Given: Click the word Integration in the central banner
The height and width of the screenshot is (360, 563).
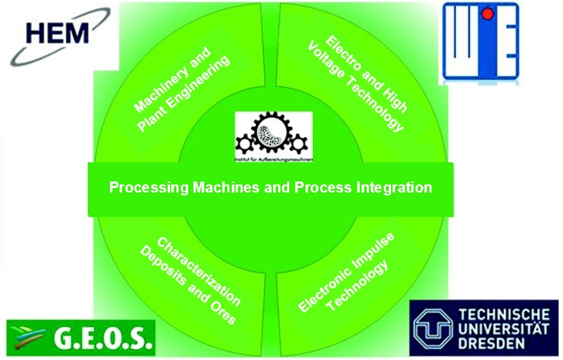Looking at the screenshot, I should (394, 187).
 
